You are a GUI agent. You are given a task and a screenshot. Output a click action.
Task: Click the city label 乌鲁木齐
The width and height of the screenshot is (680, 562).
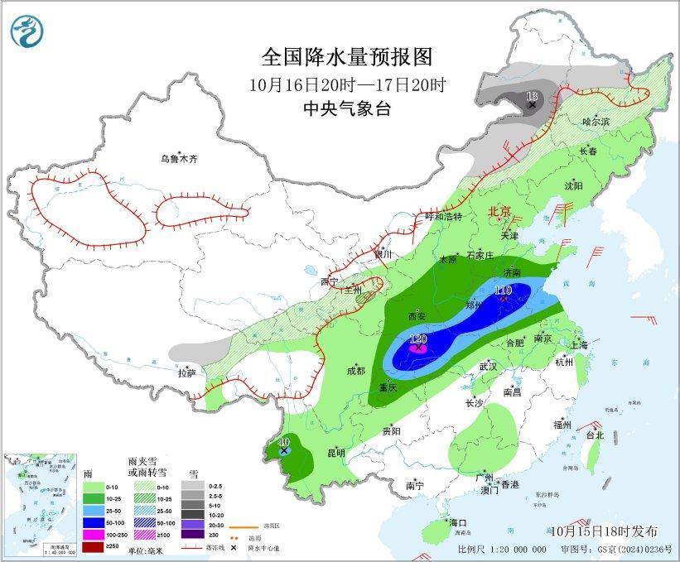pos(181,158)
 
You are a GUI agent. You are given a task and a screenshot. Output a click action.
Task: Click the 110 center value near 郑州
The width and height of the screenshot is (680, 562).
pos(503,290)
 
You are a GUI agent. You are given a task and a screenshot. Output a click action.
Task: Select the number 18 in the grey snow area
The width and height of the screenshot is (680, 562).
pos(532,96)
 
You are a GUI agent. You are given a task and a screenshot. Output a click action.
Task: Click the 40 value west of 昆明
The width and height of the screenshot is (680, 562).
pos(284,442)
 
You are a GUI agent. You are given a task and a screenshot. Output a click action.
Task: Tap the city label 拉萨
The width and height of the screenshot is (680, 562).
pos(186,373)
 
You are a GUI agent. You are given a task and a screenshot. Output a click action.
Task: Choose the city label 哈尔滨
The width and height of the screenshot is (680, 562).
pos(595,121)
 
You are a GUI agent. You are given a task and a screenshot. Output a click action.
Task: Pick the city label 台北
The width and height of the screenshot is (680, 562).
pos(595,435)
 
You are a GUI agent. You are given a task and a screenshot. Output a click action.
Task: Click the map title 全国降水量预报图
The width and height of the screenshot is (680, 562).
pos(347,57)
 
